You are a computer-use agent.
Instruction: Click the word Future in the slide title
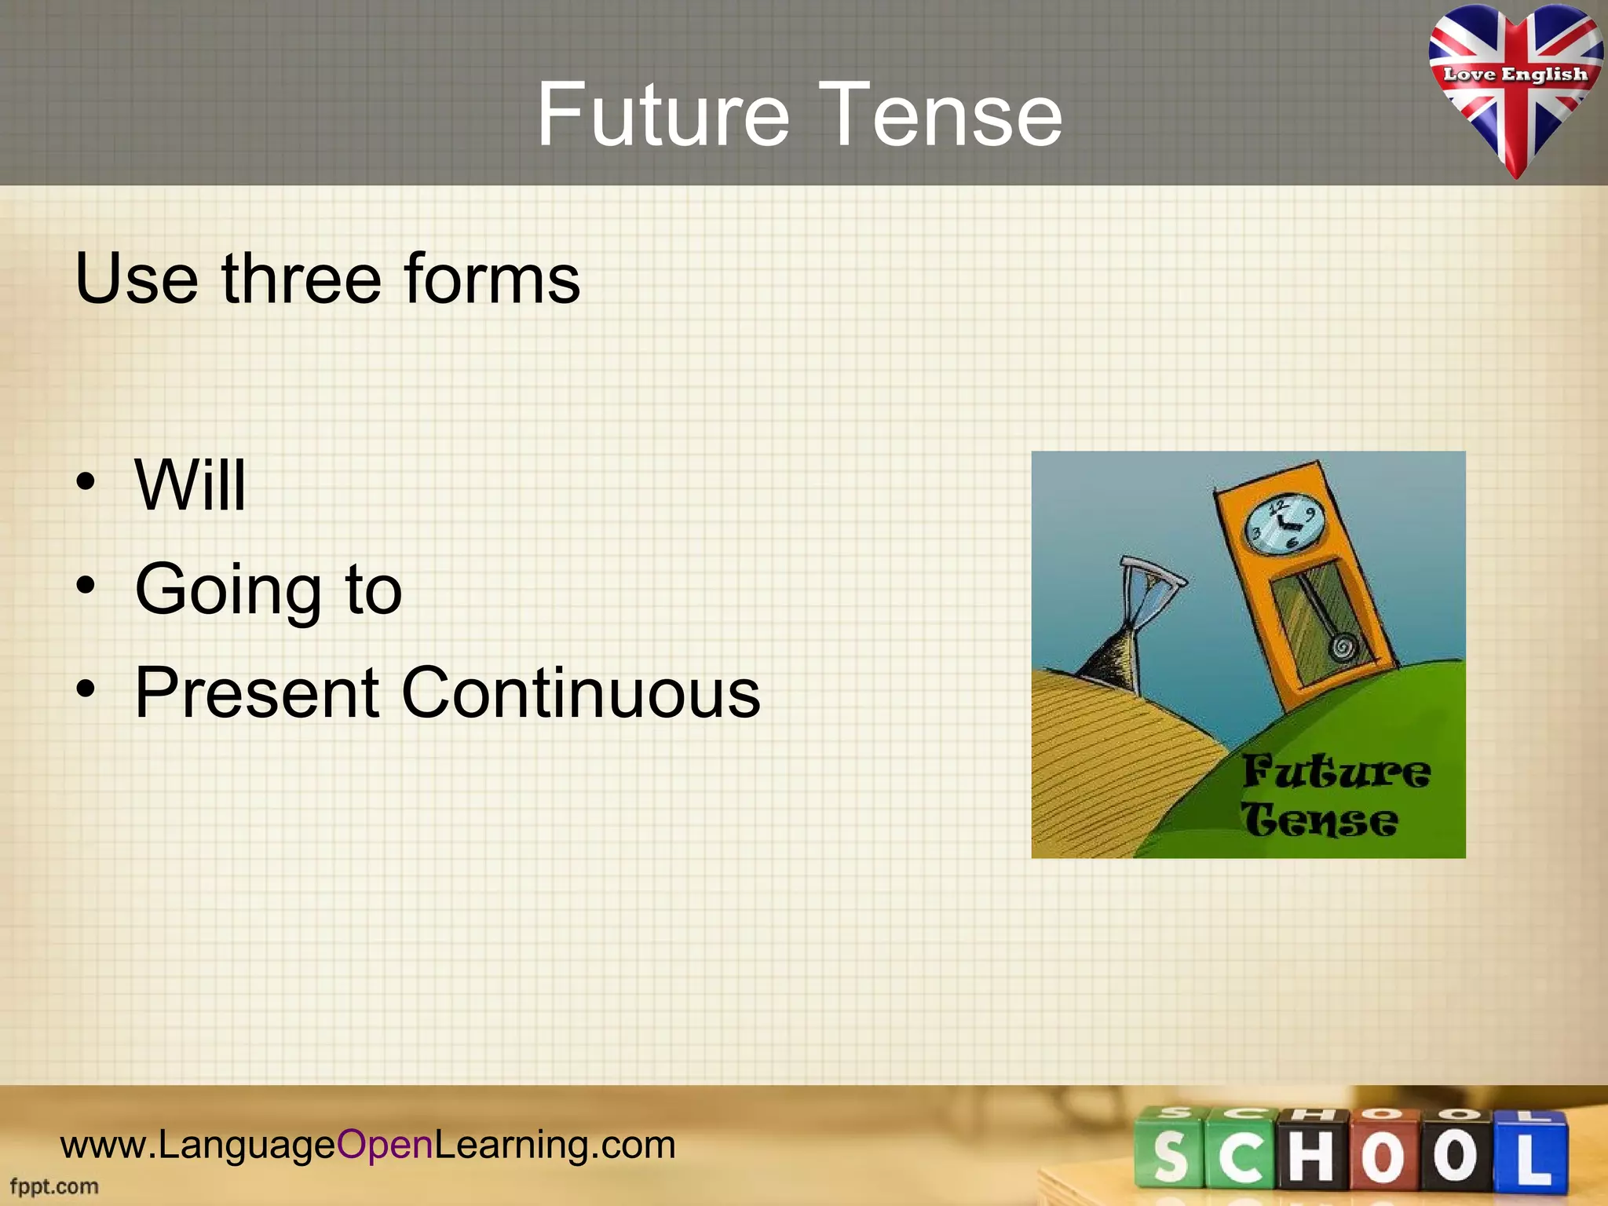click(x=662, y=115)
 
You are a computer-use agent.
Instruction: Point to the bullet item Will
click(x=191, y=485)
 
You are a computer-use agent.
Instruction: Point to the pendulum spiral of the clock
click(x=1342, y=648)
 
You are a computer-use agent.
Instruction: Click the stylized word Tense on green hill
click(x=1319, y=821)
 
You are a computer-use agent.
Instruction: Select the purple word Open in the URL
click(x=385, y=1145)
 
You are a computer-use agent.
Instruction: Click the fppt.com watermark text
click(x=54, y=1186)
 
